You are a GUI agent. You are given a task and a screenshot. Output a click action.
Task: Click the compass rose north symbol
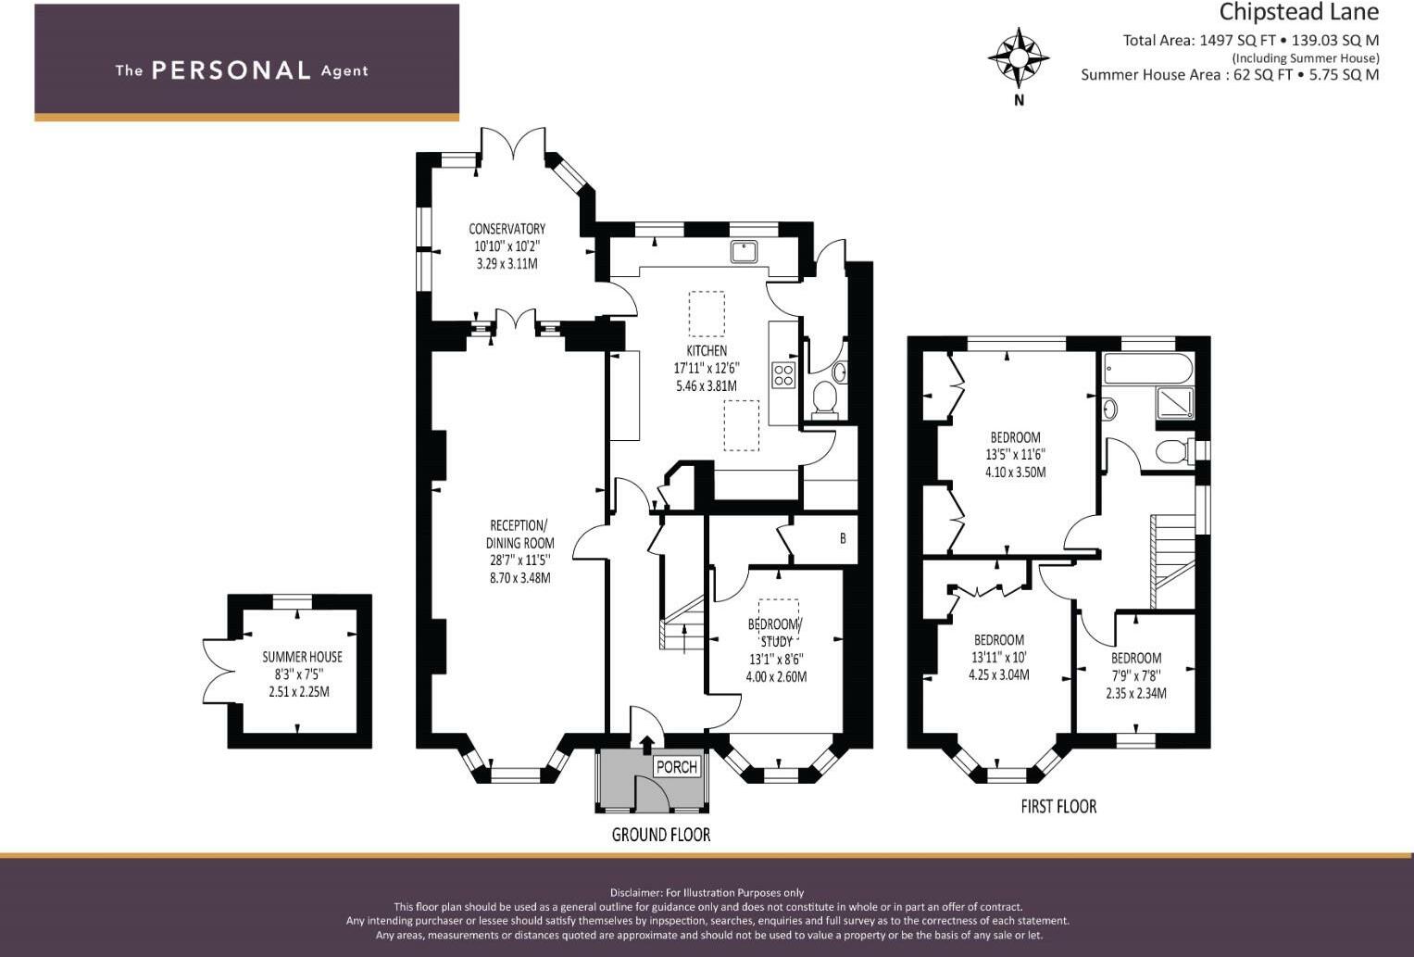[x=1018, y=57]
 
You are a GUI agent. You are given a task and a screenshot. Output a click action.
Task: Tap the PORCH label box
[x=676, y=766]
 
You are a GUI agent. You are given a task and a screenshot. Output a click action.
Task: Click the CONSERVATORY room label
[x=507, y=229]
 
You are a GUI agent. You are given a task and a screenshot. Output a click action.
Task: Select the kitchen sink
[x=744, y=251]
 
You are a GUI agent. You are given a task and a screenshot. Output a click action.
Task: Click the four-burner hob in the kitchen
[x=783, y=374]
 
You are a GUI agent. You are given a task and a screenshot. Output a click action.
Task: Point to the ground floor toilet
[x=823, y=399]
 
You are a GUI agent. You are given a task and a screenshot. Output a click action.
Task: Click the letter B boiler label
[x=843, y=538]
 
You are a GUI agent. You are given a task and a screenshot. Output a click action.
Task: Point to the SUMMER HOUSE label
[x=302, y=657]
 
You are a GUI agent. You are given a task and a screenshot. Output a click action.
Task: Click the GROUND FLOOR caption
[x=660, y=835]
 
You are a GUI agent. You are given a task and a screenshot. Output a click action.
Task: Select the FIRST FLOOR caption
[x=1058, y=807]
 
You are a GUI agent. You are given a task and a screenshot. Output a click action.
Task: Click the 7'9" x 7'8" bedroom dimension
[x=1136, y=676]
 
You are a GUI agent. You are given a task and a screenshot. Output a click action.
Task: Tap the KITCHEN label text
[x=707, y=350]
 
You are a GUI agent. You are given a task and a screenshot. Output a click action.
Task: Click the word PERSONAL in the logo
[x=231, y=70]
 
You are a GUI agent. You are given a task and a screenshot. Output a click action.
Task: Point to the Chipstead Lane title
[x=1298, y=13]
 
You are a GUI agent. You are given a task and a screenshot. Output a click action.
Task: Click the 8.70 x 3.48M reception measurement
[x=519, y=578]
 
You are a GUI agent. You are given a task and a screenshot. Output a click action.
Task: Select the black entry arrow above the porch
[x=646, y=742]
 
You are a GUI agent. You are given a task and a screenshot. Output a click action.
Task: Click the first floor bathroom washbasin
[x=1110, y=409]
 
